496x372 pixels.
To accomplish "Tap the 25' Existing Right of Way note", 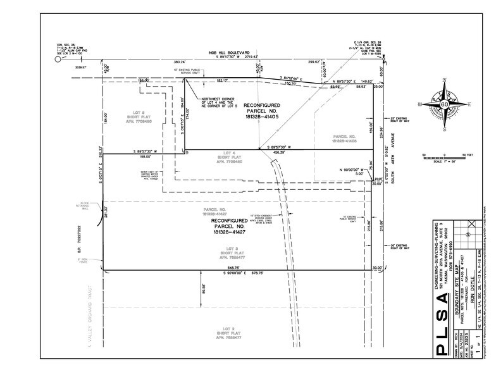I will tap(402, 120).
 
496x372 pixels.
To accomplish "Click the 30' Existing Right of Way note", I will tap(403, 247).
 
